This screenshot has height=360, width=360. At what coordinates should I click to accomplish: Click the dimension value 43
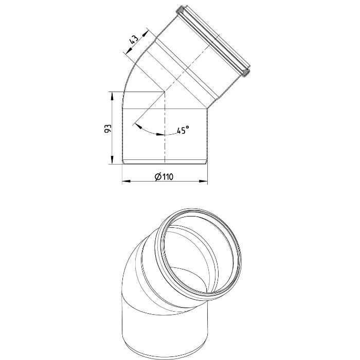pyautogui.click(x=134, y=39)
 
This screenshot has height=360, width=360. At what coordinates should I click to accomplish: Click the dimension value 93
pyautogui.click(x=108, y=129)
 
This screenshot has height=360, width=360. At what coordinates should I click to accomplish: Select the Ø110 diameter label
pyautogui.click(x=165, y=177)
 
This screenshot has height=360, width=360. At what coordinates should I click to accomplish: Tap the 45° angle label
pyautogui.click(x=183, y=130)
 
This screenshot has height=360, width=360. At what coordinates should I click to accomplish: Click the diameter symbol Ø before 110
pyautogui.click(x=158, y=177)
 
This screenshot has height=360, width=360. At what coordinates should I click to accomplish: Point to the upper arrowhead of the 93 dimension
pyautogui.click(x=112, y=96)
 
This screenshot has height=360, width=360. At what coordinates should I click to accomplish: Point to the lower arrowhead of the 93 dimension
pyautogui.click(x=112, y=160)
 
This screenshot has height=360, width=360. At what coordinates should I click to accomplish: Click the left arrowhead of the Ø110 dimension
pyautogui.click(x=126, y=181)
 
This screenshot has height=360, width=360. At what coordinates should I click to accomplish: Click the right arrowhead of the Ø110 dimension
pyautogui.click(x=203, y=181)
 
